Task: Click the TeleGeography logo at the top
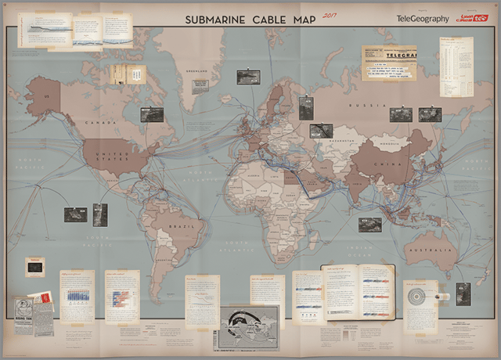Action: pyautogui.click(x=423, y=18)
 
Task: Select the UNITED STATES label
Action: pyautogui.click(x=110, y=157)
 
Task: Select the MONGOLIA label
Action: pyautogui.click(x=389, y=144)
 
